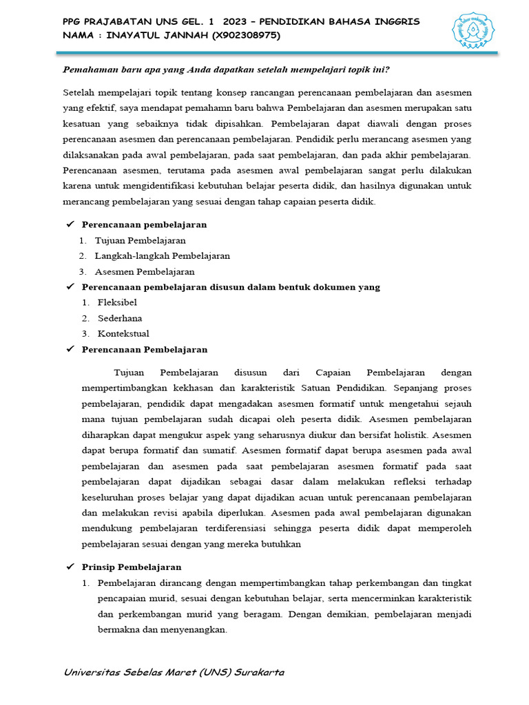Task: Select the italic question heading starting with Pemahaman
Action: pyautogui.click(x=226, y=70)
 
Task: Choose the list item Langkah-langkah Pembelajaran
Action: pyautogui.click(x=162, y=255)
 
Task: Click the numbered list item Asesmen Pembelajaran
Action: pyautogui.click(x=145, y=271)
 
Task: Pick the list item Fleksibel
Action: pyautogui.click(x=117, y=302)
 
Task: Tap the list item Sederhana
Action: pyautogui.click(x=120, y=318)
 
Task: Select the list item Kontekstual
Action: pyautogui.click(x=123, y=334)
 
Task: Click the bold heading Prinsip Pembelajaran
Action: pyautogui.click(x=132, y=567)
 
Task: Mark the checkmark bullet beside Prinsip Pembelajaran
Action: pyautogui.click(x=70, y=567)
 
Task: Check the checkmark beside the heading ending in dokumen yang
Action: pyautogui.click(x=70, y=287)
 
